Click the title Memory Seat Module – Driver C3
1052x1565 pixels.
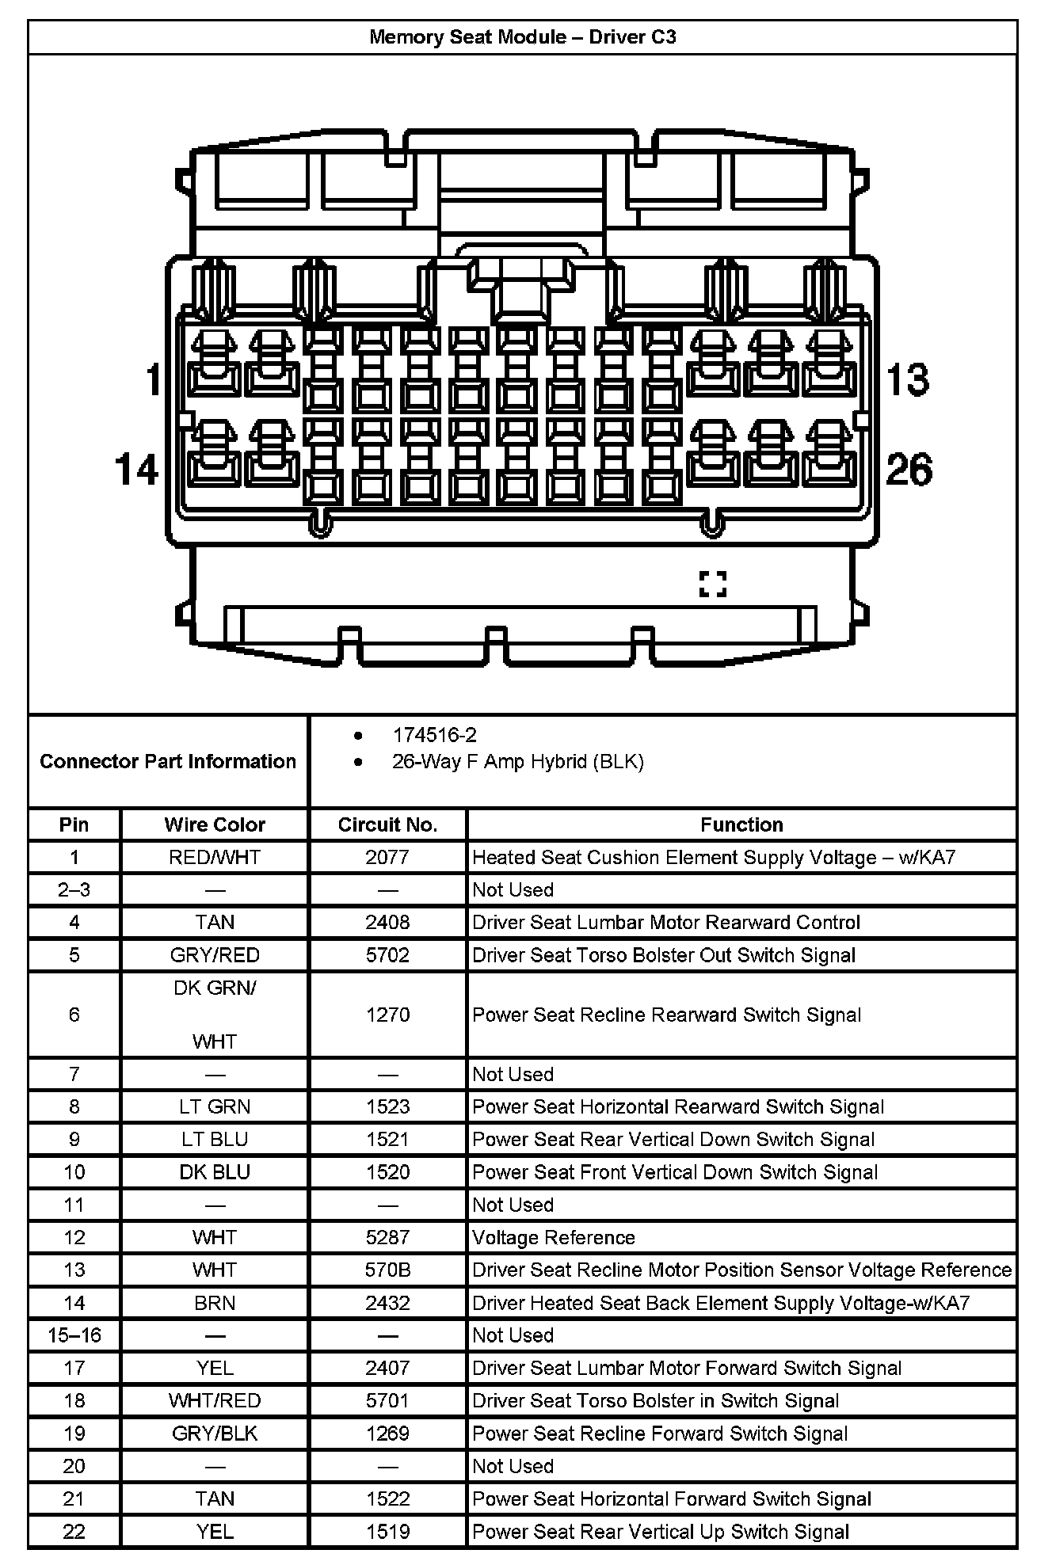point(522,37)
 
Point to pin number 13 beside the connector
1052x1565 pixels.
point(907,379)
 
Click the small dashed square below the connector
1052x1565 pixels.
point(712,584)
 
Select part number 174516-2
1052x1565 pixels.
point(434,735)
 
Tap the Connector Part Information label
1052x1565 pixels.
point(168,761)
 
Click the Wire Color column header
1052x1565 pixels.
point(215,824)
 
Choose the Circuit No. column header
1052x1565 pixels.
point(387,824)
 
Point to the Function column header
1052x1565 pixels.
point(741,824)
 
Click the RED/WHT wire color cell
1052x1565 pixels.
point(215,857)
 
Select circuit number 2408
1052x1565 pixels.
point(387,922)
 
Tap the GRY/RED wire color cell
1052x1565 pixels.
point(215,954)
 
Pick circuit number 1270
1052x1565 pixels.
point(387,1015)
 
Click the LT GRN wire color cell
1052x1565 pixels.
point(215,1106)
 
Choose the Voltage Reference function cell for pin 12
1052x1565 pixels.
point(554,1237)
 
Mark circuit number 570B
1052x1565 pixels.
point(387,1270)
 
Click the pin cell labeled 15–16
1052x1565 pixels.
point(74,1335)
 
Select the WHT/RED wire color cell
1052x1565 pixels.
point(215,1400)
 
